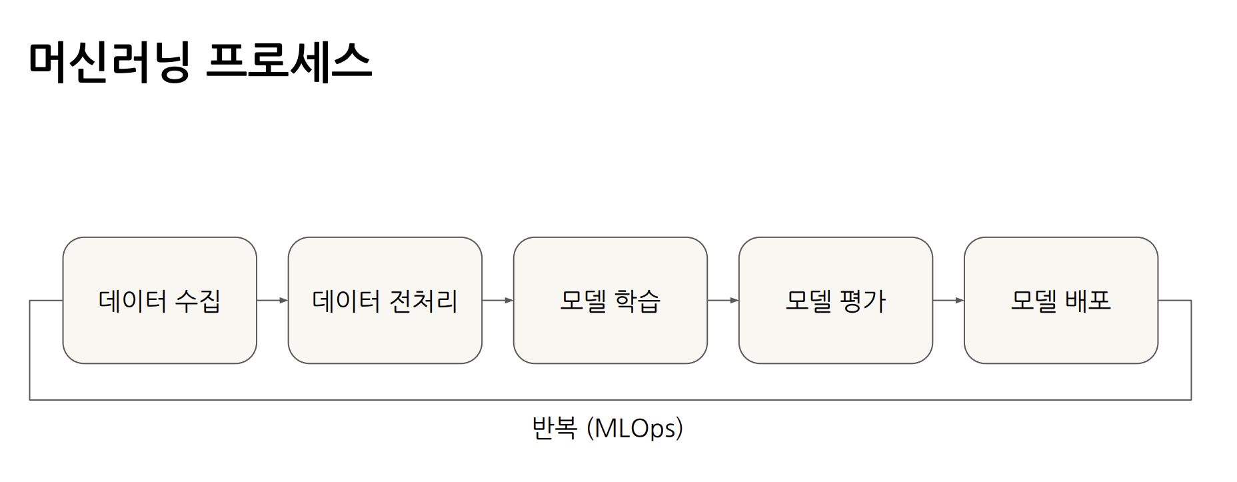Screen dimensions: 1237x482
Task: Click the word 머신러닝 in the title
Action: [x=109, y=62]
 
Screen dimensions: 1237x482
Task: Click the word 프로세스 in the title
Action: [x=289, y=62]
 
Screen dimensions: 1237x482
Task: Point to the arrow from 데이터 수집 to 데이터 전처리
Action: [x=272, y=301]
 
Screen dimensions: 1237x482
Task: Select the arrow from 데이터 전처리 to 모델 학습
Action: [x=497, y=301]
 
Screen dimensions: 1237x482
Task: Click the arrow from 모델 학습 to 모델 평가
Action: [x=722, y=301]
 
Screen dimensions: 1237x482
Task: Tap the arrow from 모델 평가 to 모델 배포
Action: [x=948, y=301]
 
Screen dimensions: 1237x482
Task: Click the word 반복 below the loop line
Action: [x=554, y=428]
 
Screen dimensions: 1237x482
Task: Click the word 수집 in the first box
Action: [x=197, y=301]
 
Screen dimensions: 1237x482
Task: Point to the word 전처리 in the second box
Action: [x=423, y=301]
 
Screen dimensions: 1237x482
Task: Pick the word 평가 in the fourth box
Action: [x=862, y=301]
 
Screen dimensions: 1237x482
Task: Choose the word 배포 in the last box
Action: [x=1088, y=301]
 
